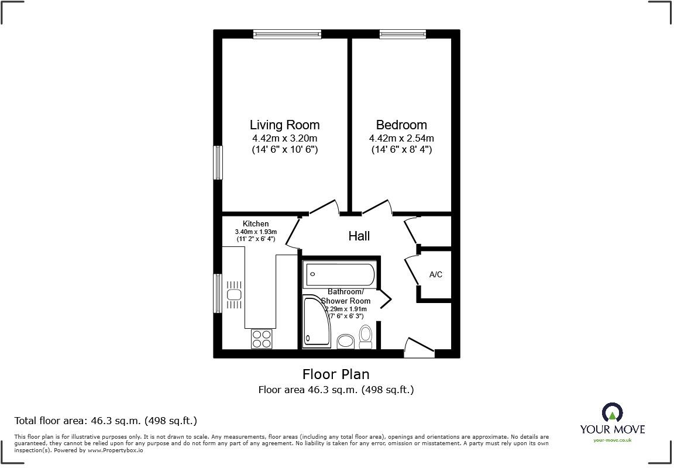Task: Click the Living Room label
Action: click(x=284, y=125)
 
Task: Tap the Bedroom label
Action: click(x=401, y=125)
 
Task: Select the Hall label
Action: click(x=359, y=236)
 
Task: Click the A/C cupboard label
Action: click(x=436, y=274)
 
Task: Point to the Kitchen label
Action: click(x=256, y=223)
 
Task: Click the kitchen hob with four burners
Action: click(x=262, y=339)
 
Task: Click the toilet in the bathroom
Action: click(x=366, y=336)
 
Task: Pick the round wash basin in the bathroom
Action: click(x=346, y=341)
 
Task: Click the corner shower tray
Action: click(x=316, y=322)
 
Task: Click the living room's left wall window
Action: click(x=218, y=163)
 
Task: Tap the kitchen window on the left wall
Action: click(x=218, y=293)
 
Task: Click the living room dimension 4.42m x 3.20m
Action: click(x=284, y=139)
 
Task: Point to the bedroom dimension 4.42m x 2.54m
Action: click(x=401, y=139)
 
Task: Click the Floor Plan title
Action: click(x=336, y=374)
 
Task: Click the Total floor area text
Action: click(x=105, y=421)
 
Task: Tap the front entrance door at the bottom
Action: click(x=419, y=349)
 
